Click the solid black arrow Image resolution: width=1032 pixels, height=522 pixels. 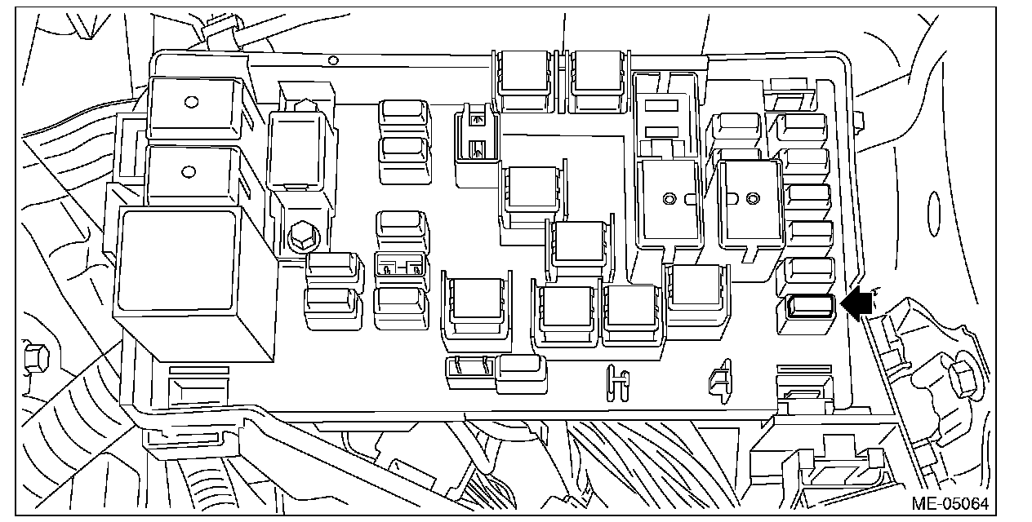pyautogui.click(x=856, y=303)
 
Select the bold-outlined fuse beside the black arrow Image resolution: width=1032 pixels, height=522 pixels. pyautogui.click(x=811, y=307)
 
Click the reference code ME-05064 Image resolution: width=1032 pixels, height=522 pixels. pyautogui.click(x=950, y=503)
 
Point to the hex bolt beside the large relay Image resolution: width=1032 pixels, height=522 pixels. pyautogui.click(x=303, y=237)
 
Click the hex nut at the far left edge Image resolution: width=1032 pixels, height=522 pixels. pyautogui.click(x=36, y=359)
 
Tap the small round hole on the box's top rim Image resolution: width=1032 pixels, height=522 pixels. pyautogui.click(x=333, y=60)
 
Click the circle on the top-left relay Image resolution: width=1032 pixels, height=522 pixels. pyautogui.click(x=191, y=102)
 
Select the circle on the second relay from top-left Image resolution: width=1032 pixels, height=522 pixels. pyautogui.click(x=188, y=172)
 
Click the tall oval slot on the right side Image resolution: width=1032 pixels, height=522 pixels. pyautogui.click(x=934, y=214)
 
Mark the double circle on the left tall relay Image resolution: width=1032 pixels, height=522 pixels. pyautogui.click(x=669, y=199)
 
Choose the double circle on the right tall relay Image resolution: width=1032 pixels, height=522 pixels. pyautogui.click(x=753, y=199)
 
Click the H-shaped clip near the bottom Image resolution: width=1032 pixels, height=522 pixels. pyautogui.click(x=617, y=383)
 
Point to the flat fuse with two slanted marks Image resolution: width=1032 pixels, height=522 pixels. pyautogui.click(x=470, y=371)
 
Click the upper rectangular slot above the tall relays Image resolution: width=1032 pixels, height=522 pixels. pyautogui.click(x=661, y=106)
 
